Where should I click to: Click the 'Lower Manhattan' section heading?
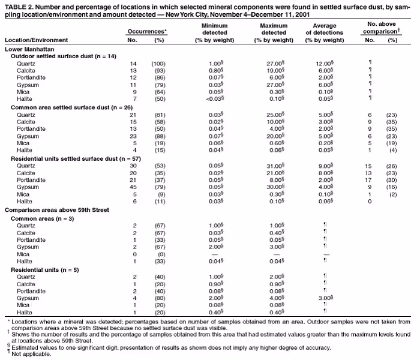[x=29, y=49]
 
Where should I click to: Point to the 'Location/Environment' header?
[x=36, y=40]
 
